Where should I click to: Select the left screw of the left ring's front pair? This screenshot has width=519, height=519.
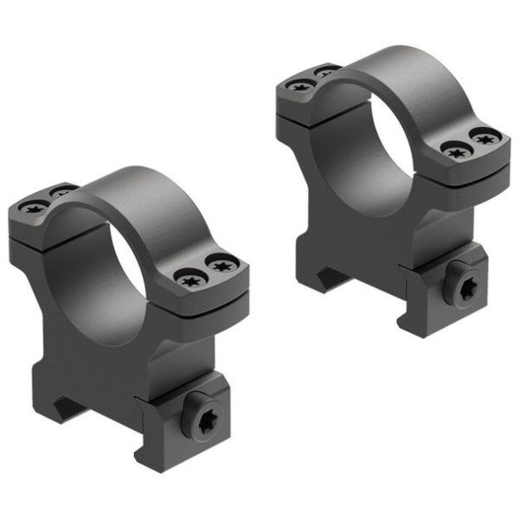tap(189, 279)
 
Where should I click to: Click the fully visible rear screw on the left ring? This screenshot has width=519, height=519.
tap(35, 208)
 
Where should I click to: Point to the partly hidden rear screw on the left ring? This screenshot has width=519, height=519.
tap(61, 189)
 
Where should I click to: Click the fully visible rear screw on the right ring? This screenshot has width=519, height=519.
tap(299, 86)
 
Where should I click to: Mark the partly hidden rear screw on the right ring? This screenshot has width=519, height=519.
tap(325, 69)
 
